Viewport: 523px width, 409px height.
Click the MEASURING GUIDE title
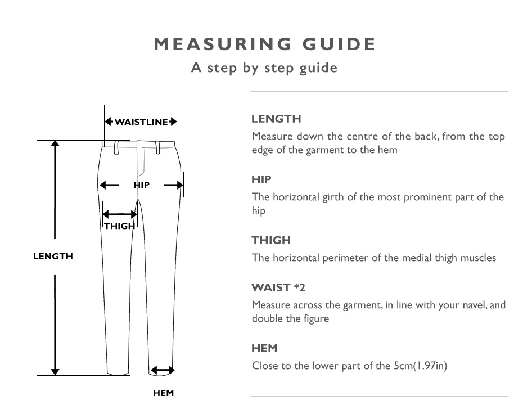pyautogui.click(x=265, y=44)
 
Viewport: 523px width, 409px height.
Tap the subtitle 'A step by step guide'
pyautogui.click(x=264, y=68)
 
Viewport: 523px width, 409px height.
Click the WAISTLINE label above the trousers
pyautogui.click(x=141, y=122)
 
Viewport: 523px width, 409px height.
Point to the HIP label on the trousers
pyautogui.click(x=141, y=185)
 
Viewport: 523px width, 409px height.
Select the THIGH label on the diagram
pyautogui.click(x=119, y=226)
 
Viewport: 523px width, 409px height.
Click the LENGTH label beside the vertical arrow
pyautogui.click(x=53, y=256)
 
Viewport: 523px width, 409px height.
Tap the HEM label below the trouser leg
pyautogui.click(x=164, y=393)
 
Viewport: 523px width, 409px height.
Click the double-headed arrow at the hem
pyautogui.click(x=163, y=370)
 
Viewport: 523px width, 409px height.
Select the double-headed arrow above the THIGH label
pyautogui.click(x=120, y=214)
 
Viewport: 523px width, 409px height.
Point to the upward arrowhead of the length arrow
pyautogui.click(x=55, y=143)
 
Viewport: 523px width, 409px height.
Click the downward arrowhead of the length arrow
pyautogui.click(x=55, y=372)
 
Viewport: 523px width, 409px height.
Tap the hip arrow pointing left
pyautogui.click(x=110, y=185)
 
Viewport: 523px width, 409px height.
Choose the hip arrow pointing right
pyautogui.click(x=173, y=185)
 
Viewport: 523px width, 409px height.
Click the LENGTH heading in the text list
pyautogui.click(x=276, y=119)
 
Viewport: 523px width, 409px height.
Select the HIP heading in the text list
pyautogui.click(x=261, y=179)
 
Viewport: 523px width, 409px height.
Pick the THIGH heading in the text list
pyautogui.click(x=271, y=240)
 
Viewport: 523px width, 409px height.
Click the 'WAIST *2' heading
pyautogui.click(x=278, y=287)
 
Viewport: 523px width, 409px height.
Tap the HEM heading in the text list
pyautogui.click(x=264, y=348)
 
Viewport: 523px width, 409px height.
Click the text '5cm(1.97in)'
pyautogui.click(x=420, y=366)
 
